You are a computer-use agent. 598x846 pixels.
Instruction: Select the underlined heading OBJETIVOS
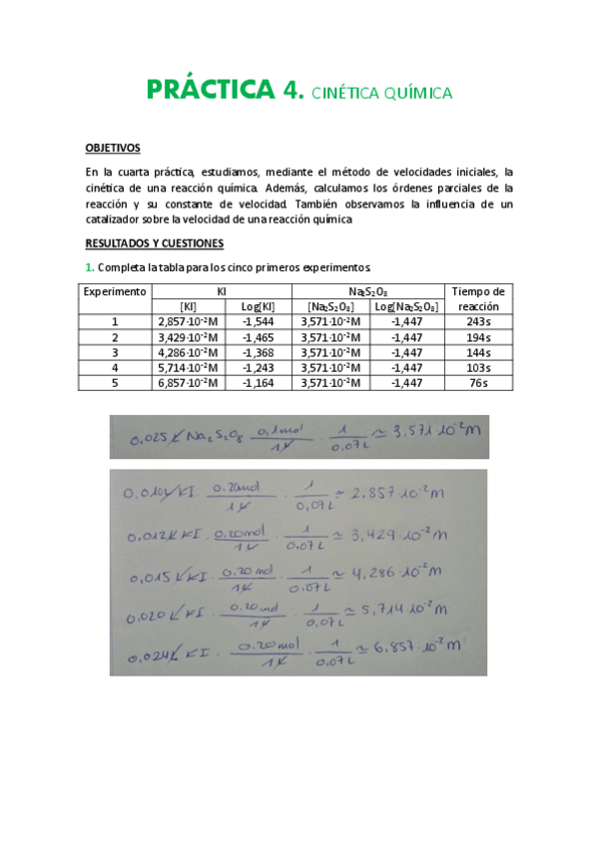[112, 148]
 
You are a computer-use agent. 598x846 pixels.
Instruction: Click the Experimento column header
[115, 291]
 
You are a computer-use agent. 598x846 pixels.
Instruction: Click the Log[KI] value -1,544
[259, 322]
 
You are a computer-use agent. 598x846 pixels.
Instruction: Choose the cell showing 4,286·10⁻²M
[189, 352]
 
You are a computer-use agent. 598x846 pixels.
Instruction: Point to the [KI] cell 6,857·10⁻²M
[189, 382]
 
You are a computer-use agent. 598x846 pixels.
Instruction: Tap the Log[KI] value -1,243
[259, 367]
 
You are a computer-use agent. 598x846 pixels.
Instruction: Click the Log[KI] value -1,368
[259, 352]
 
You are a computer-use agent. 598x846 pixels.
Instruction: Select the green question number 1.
[89, 267]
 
